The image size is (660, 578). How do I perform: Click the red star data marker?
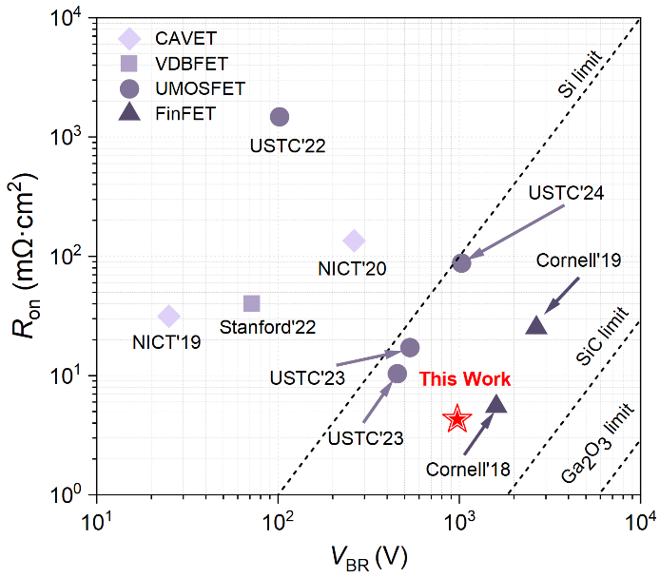[457, 418]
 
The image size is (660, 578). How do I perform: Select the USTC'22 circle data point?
[280, 116]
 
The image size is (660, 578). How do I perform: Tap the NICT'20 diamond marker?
[354, 241]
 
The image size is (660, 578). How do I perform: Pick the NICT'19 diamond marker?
[169, 316]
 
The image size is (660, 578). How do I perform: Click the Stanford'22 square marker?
[252, 303]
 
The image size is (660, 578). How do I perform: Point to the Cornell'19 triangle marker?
[536, 326]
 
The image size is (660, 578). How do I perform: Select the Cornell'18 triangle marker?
[495, 405]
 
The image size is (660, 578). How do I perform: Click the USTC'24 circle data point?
[461, 262]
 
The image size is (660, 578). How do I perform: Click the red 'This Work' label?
[465, 379]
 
